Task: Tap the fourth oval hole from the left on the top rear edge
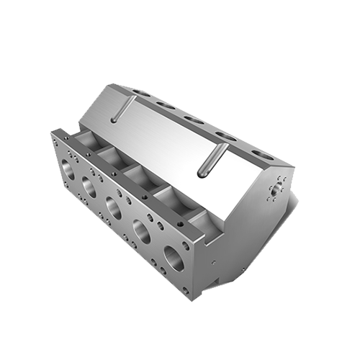tap(224, 136)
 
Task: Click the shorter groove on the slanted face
tap(123, 110)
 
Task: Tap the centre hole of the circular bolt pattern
tap(274, 191)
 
